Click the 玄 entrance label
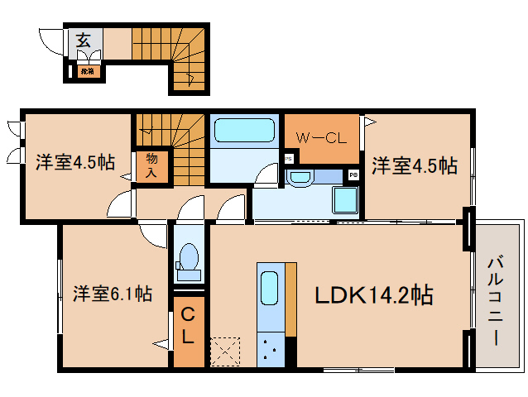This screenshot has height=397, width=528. tap(84, 39)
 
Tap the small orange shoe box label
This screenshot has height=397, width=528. tap(87, 72)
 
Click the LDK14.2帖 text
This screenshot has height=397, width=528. tap(373, 294)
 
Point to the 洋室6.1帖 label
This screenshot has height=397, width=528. tap(112, 293)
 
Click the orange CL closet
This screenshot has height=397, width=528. tap(188, 326)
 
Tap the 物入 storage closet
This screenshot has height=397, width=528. tap(153, 165)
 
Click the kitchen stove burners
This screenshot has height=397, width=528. tap(270, 347)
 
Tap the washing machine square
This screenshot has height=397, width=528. tap(344, 200)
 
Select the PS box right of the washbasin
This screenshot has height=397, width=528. tap(353, 175)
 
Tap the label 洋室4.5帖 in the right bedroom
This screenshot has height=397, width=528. tap(414, 166)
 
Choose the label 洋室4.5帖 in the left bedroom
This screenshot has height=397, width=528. tap(74, 162)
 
